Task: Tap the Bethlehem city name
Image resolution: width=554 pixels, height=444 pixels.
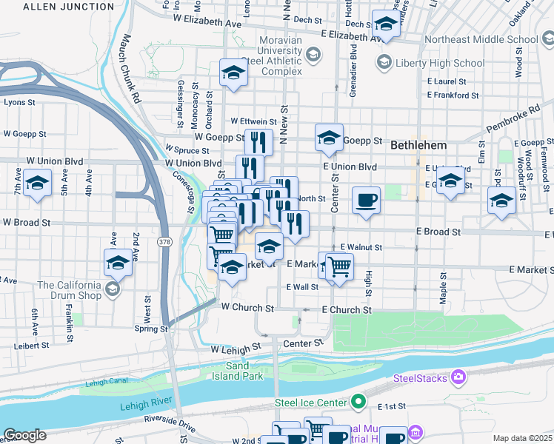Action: pos(420,144)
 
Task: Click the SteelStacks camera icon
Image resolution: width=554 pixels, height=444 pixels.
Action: pos(459,378)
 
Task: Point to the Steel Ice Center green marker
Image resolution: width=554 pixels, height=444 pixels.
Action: pos(358,403)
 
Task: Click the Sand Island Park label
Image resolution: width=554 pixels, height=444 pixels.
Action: pos(244,371)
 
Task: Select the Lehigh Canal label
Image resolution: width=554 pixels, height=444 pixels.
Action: pos(107,383)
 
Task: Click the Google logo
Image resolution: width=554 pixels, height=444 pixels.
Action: pos(24,435)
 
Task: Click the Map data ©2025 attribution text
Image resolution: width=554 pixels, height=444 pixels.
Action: pos(522,438)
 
